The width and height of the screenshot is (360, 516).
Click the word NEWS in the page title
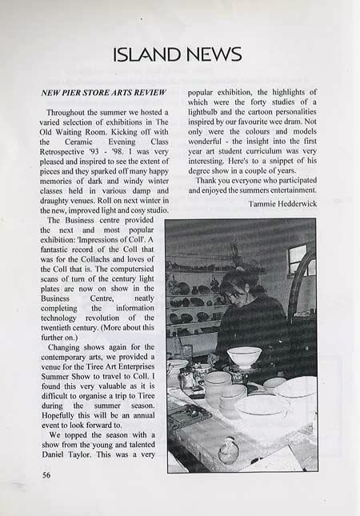coord(212,54)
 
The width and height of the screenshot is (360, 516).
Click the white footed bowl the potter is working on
coord(243,356)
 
